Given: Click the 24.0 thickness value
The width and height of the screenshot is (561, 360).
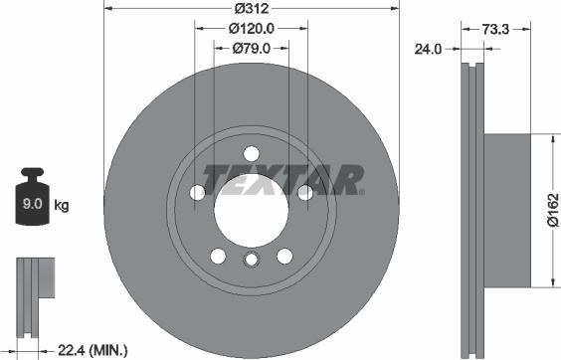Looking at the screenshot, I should point(430,47).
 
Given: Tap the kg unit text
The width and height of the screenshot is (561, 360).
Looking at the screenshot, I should point(62,206).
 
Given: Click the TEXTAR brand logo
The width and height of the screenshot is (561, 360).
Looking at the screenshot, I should point(280,179).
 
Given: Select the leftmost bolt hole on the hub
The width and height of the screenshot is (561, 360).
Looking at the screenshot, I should point(197,192).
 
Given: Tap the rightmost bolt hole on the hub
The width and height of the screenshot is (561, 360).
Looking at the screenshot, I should point(304,192).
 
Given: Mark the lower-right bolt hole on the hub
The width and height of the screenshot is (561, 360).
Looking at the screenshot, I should point(284,255).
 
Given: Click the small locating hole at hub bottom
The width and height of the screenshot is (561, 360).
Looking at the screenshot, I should point(251,262).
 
